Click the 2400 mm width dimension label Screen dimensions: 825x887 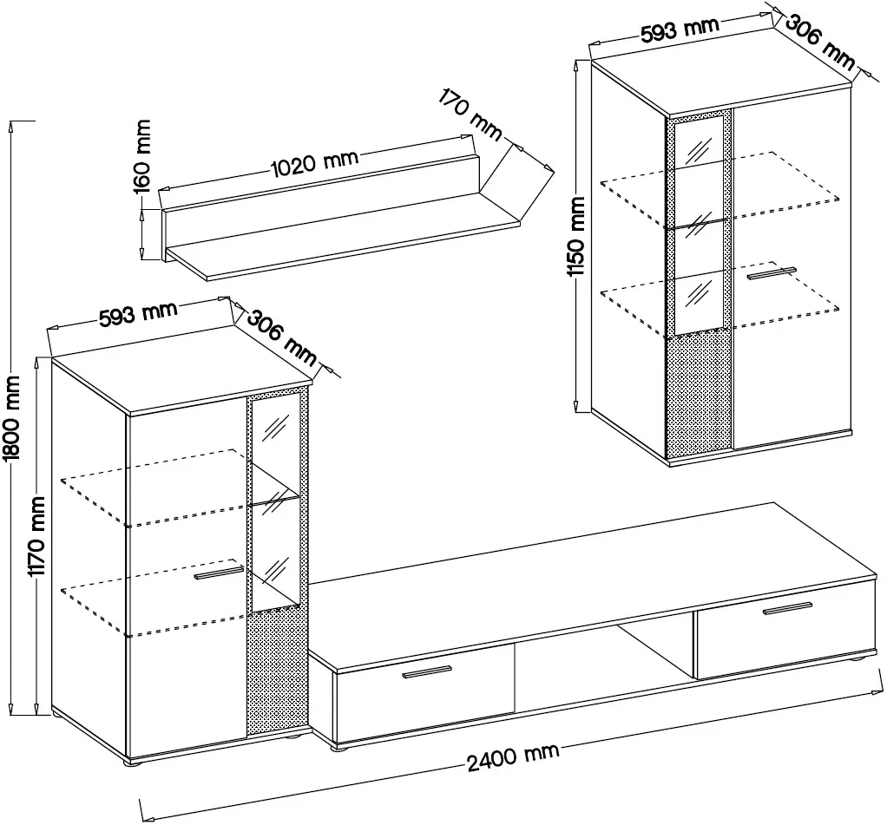(x=512, y=757)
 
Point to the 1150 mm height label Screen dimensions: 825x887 (x=576, y=236)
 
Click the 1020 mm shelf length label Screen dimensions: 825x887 (x=315, y=162)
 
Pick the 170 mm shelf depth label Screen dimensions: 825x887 (x=471, y=114)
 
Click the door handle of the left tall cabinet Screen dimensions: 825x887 (x=219, y=573)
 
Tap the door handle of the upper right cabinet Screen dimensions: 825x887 (x=771, y=274)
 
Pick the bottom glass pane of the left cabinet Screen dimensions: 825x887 (x=275, y=572)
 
